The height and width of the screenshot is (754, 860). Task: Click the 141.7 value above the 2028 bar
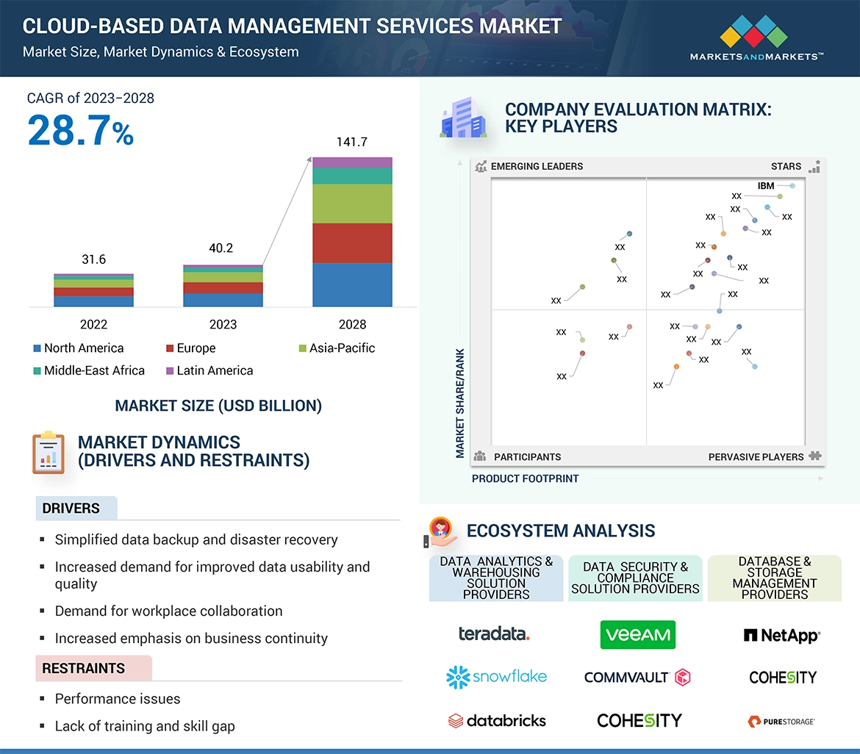pos(351,142)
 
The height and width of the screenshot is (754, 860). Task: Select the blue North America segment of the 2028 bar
pos(352,284)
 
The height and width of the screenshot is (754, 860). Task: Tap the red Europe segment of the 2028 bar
pos(352,243)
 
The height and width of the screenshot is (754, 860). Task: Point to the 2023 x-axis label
pos(223,324)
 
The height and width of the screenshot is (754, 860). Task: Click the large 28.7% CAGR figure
pos(81,131)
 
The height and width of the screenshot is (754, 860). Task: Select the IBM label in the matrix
pos(766,186)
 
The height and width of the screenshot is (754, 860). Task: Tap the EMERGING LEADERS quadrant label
pos(537,166)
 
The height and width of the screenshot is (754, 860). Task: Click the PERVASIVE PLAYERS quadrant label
pos(756,457)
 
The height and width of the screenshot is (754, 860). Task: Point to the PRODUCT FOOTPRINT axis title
pos(525,478)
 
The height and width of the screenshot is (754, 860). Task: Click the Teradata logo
pos(494,633)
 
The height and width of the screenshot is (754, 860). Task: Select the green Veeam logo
pos(637,635)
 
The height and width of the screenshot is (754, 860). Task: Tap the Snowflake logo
pos(497,676)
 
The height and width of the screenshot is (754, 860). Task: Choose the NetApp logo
pos(781,635)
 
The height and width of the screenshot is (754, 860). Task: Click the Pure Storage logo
pos(781,721)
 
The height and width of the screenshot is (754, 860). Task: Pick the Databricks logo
pos(497,720)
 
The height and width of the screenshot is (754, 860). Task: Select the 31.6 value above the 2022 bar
pos(93,259)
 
